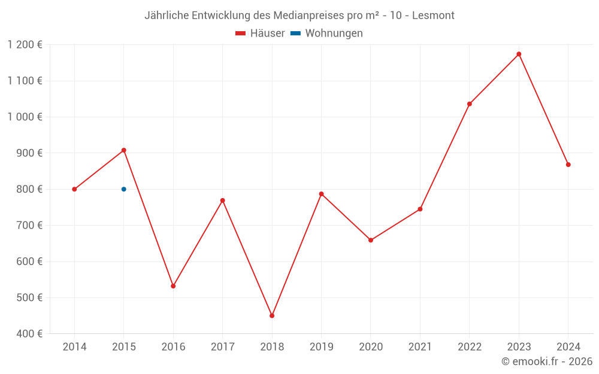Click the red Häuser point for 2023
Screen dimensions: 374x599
click(x=519, y=54)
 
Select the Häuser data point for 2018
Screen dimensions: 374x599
click(x=272, y=315)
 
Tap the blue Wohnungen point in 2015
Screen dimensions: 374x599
click(x=124, y=189)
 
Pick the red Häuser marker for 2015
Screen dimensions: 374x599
click(x=124, y=150)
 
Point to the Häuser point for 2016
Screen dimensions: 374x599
click(x=173, y=286)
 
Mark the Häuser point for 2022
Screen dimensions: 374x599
click(x=470, y=104)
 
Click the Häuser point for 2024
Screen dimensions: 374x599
click(x=568, y=165)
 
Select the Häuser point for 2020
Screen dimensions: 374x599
click(x=371, y=240)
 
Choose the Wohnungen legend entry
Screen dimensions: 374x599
click(x=327, y=34)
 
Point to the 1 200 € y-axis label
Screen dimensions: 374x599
click(x=25, y=45)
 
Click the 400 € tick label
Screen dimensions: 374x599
click(x=29, y=334)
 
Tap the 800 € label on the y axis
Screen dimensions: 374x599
click(x=29, y=189)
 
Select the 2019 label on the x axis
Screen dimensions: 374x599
click(x=321, y=347)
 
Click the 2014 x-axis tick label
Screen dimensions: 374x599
click(x=74, y=347)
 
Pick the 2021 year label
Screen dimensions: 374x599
click(x=420, y=347)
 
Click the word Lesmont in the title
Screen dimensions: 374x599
click(x=433, y=15)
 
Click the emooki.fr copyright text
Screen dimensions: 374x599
click(x=547, y=361)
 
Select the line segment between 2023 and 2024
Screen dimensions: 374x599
click(x=543, y=109)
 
